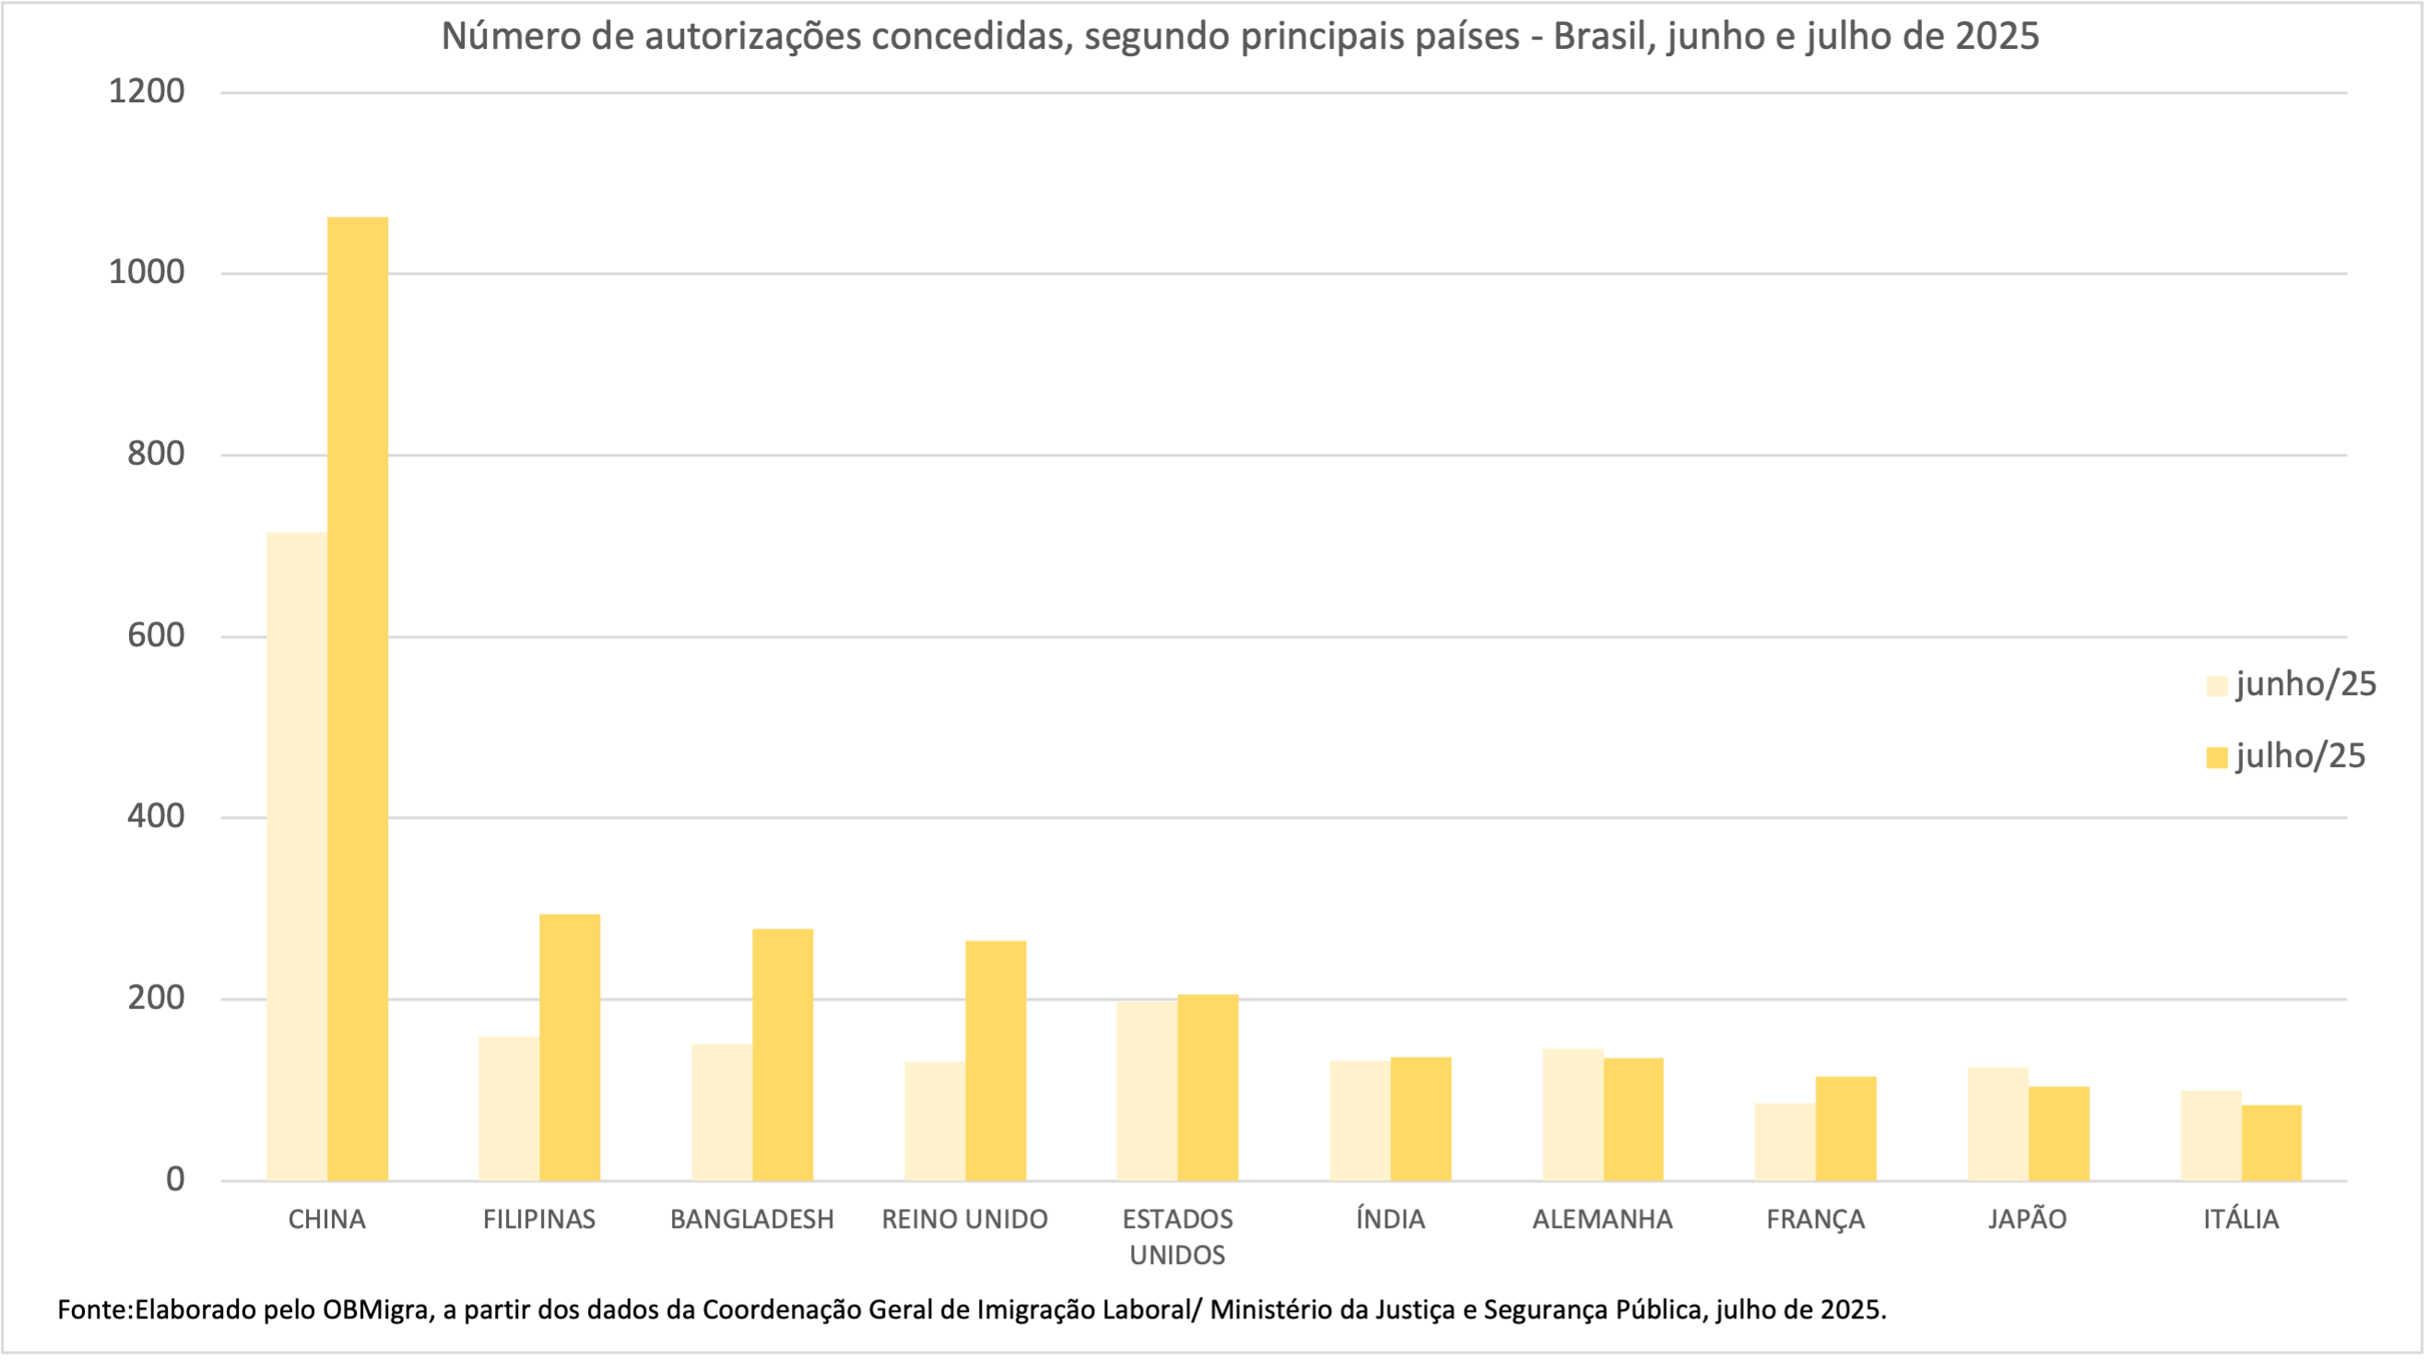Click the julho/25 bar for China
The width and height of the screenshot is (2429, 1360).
coord(358,698)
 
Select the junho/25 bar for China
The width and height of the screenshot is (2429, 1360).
coord(296,857)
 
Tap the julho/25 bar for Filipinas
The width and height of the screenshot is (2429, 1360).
coord(570,1047)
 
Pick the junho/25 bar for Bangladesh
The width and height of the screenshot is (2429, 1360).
coord(722,1112)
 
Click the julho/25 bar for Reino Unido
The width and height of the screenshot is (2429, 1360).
coord(995,1060)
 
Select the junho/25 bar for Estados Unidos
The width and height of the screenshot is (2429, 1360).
coord(1147,1090)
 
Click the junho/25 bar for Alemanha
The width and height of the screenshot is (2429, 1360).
coord(1572,1114)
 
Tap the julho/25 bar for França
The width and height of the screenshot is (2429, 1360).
coord(1845,1128)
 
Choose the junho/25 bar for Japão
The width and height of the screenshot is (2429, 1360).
coord(1998,1123)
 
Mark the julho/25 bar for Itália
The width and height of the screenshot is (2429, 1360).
coord(2270,1142)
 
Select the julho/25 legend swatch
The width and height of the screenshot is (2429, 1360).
coord(2216,757)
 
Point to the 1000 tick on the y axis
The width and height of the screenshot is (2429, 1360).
coord(147,273)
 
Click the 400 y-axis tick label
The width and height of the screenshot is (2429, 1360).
coord(156,817)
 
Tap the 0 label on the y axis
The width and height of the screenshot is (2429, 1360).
coord(174,1180)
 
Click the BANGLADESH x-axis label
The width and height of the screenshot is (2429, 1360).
coord(751,1220)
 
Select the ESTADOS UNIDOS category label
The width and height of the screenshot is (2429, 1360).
coord(1177,1236)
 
